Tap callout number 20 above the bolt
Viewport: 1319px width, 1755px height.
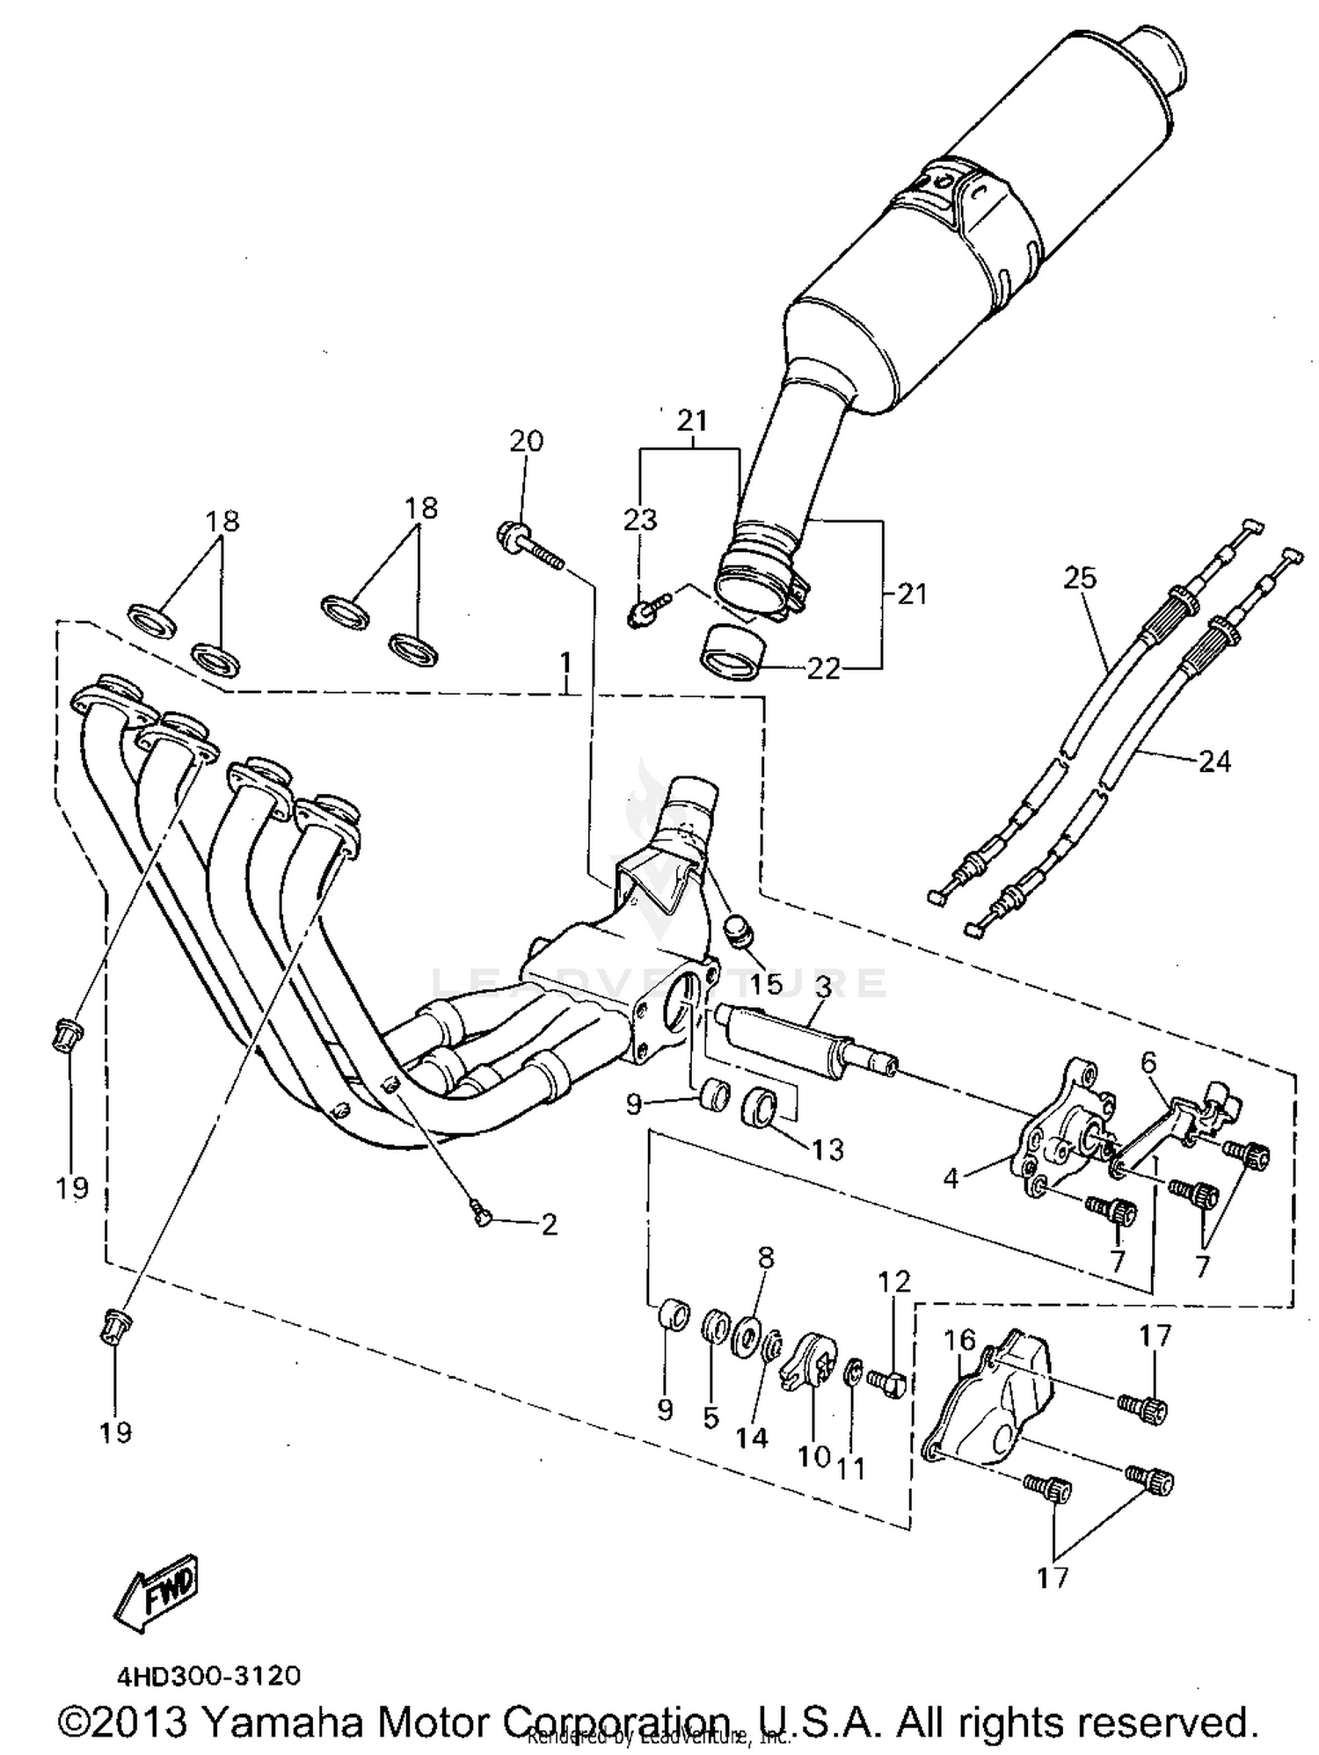click(526, 441)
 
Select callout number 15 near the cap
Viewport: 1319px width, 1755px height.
click(766, 984)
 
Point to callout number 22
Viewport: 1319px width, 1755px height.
click(824, 669)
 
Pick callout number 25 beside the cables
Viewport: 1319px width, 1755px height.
click(1080, 578)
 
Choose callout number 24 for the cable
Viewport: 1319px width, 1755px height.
click(1214, 761)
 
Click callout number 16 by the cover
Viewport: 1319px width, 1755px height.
click(960, 1340)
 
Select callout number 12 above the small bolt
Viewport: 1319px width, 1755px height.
click(894, 1281)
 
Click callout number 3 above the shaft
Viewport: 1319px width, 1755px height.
click(822, 987)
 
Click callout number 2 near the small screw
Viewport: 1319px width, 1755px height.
click(550, 1225)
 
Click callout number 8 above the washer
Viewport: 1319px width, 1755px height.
click(765, 1258)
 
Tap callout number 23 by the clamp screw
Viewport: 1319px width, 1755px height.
click(640, 520)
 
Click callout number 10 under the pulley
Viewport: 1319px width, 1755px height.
click(813, 1456)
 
